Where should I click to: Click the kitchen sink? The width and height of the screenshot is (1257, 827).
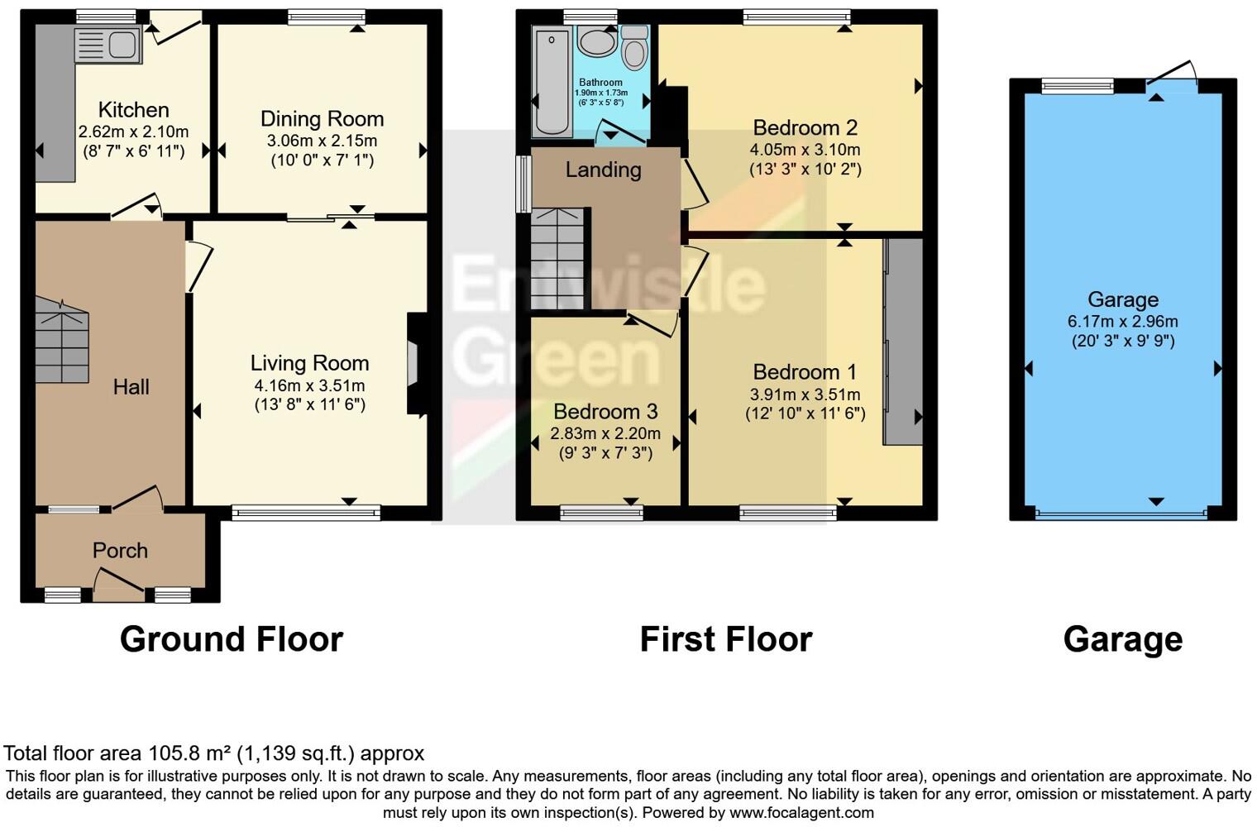point(108,45)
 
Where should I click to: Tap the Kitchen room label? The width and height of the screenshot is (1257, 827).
point(133,110)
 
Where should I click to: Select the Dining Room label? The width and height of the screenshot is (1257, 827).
point(322,119)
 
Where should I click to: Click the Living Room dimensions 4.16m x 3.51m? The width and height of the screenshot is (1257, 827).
point(309,385)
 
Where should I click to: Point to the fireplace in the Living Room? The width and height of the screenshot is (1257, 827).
point(416,364)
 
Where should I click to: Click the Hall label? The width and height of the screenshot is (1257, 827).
point(131,387)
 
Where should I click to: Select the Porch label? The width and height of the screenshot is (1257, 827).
point(120,551)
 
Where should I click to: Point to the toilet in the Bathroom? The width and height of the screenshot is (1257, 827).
point(634,48)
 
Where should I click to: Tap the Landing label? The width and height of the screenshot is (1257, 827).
point(603,170)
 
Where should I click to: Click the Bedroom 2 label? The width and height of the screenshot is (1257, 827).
point(805,128)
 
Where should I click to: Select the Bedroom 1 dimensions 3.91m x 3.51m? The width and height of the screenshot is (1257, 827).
point(805,394)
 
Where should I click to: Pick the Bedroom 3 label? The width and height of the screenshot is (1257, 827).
point(605,412)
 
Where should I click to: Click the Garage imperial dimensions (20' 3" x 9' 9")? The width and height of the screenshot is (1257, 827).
point(1122,341)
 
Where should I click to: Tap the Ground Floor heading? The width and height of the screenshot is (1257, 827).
point(231,639)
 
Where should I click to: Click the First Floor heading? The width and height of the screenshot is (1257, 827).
point(725,639)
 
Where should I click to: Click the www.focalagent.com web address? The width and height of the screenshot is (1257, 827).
point(801,812)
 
